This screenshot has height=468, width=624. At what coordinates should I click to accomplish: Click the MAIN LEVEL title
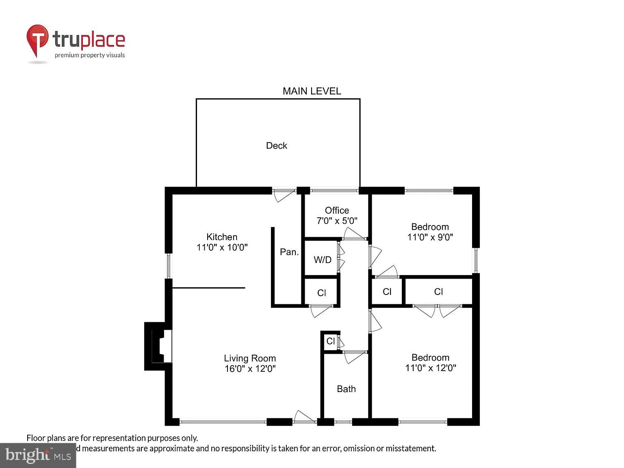pyautogui.click(x=312, y=91)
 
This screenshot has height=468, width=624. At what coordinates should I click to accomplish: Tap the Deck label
pyautogui.click(x=276, y=145)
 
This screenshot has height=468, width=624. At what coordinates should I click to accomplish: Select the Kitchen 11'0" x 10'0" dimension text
pyautogui.click(x=222, y=247)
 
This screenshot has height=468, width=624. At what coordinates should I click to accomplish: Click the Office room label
pyautogui.click(x=337, y=210)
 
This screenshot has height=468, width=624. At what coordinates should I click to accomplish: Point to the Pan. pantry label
pyautogui.click(x=289, y=252)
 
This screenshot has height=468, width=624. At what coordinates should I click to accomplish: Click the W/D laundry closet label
pyautogui.click(x=323, y=260)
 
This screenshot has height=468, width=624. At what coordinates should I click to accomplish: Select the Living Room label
pyautogui.click(x=250, y=358)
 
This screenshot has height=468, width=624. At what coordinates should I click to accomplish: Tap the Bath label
pyautogui.click(x=346, y=389)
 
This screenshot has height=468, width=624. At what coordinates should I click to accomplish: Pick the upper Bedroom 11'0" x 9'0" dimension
pyautogui.click(x=430, y=237)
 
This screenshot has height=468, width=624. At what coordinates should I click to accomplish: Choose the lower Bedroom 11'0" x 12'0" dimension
pyautogui.click(x=430, y=368)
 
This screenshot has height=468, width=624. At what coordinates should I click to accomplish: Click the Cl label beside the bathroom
pyautogui.click(x=330, y=341)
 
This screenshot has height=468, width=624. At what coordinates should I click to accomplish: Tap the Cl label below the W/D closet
pyautogui.click(x=321, y=293)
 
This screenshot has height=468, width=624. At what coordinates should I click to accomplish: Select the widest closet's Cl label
pyautogui.click(x=438, y=292)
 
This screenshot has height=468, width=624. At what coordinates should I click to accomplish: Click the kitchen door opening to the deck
pyautogui.click(x=284, y=195)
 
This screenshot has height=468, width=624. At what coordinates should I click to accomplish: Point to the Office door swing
pyautogui.click(x=353, y=234)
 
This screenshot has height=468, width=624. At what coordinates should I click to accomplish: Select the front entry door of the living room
pyautogui.click(x=304, y=417)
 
